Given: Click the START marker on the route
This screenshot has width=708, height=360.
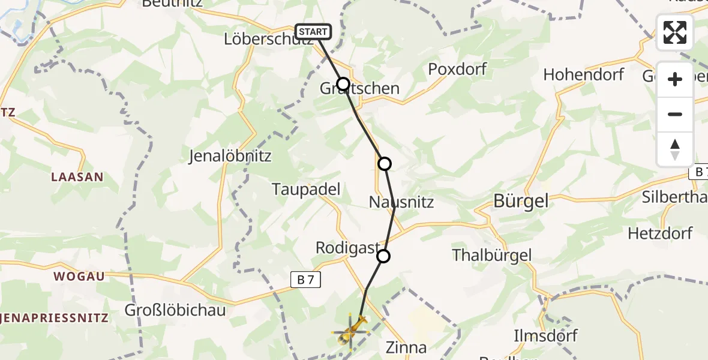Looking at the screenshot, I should click(x=313, y=31).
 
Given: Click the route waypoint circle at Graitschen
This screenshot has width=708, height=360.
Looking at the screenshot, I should click(x=343, y=84).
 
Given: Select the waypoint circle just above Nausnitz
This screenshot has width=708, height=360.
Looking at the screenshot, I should click(x=385, y=163).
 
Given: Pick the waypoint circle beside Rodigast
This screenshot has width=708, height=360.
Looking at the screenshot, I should click(x=383, y=257).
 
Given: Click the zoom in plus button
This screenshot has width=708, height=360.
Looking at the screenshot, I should click(x=675, y=79).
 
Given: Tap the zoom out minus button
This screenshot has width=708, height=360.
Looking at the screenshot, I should click(x=675, y=114).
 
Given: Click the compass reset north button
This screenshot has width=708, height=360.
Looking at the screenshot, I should click(x=675, y=149).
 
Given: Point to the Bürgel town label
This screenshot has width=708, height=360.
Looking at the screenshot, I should click(x=520, y=202).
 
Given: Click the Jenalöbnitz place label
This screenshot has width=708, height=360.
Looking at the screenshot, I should click(x=230, y=157).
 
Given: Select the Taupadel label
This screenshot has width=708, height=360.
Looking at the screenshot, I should click(x=306, y=190).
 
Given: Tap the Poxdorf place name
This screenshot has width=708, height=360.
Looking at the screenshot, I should click(x=457, y=69).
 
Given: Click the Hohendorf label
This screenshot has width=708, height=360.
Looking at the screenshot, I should click(x=584, y=75).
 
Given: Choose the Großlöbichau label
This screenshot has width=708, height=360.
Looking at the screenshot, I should click(x=175, y=311).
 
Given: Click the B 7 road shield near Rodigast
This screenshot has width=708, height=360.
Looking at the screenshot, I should click(x=307, y=279).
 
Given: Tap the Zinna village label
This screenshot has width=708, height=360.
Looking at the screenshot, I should click(x=406, y=347).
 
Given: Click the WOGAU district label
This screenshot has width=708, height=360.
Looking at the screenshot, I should click(x=79, y=277).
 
